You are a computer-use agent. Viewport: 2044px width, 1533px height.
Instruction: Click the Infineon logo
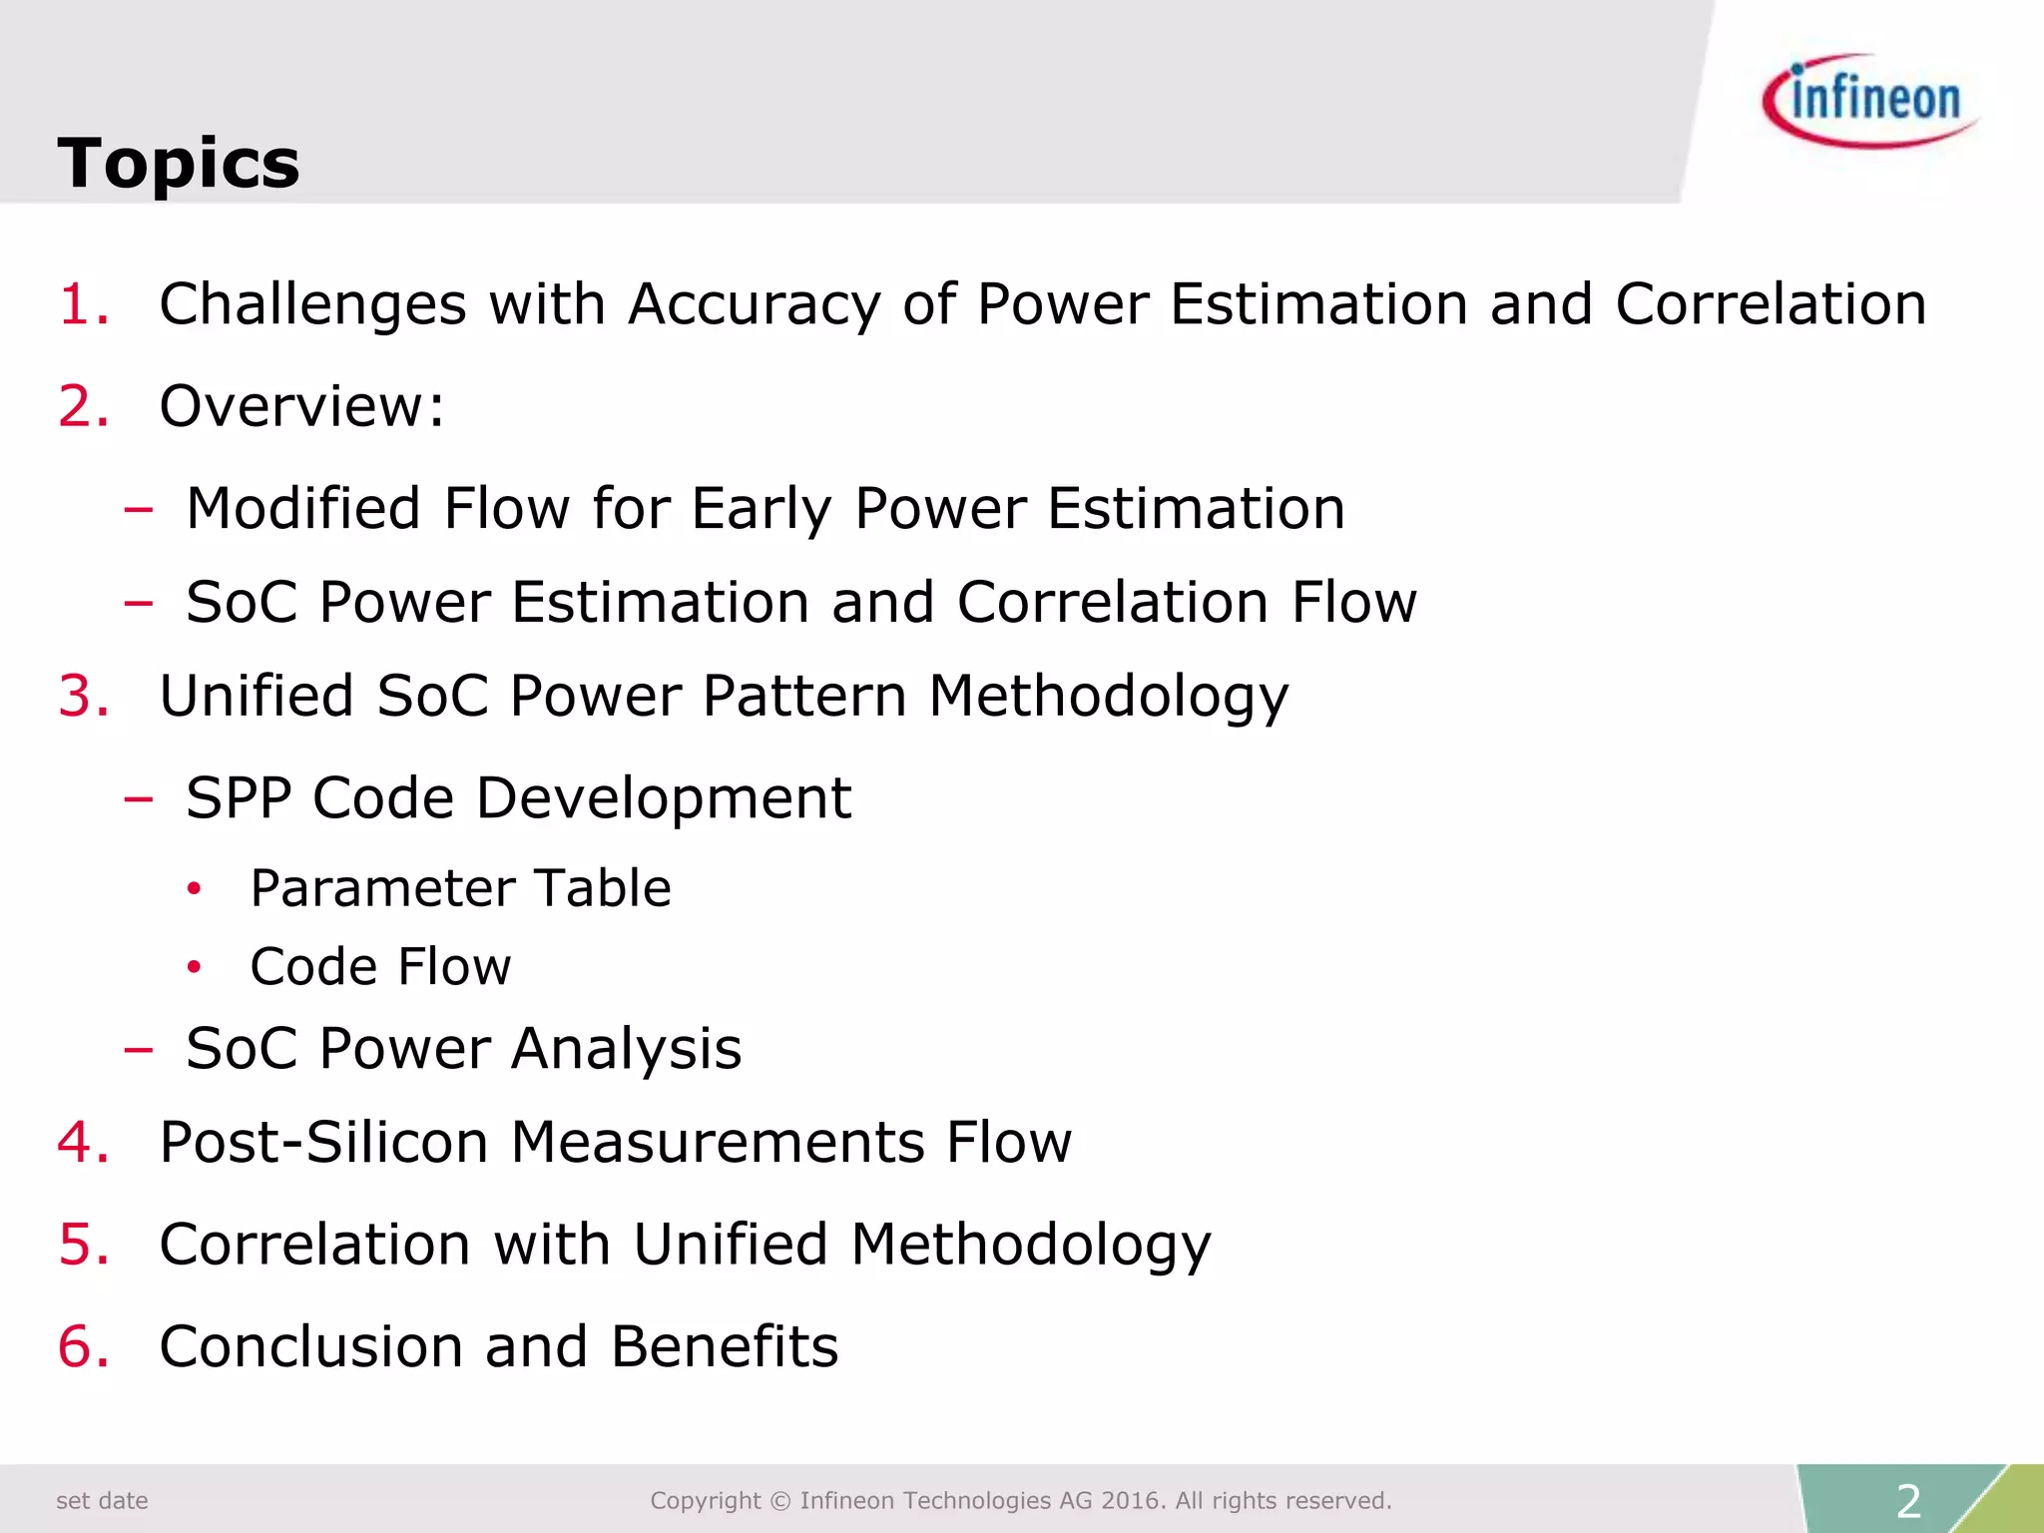click(x=1869, y=101)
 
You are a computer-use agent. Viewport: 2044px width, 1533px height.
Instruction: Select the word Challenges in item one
click(x=312, y=304)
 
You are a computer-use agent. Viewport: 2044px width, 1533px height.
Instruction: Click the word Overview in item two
click(x=293, y=406)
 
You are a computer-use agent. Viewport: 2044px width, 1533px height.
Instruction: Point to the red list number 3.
click(x=82, y=696)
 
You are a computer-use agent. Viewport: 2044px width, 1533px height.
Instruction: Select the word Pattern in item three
click(x=804, y=696)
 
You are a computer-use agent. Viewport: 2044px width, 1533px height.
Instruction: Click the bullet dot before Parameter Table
click(x=195, y=888)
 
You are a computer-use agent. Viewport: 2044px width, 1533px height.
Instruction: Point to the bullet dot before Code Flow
click(x=195, y=967)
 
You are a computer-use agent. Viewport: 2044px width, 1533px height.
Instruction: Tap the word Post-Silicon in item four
click(x=323, y=1142)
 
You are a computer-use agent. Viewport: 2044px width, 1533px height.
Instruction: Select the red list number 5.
click(x=82, y=1245)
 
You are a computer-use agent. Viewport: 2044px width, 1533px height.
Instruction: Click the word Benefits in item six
click(x=725, y=1346)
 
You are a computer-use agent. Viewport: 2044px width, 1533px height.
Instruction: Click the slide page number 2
click(x=1908, y=1501)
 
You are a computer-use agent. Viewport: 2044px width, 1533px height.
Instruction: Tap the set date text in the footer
click(x=102, y=1501)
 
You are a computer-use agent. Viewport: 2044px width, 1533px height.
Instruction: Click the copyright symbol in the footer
click(x=780, y=1501)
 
